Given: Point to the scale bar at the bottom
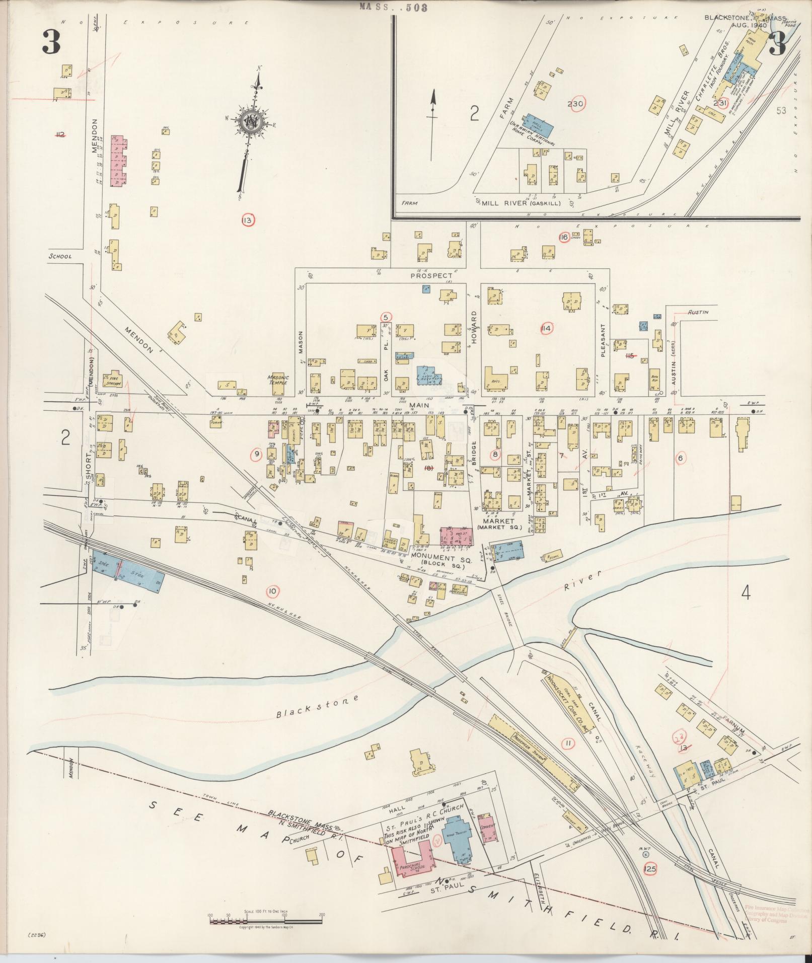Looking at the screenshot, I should tap(266, 921).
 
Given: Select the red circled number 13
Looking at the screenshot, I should tap(248, 220).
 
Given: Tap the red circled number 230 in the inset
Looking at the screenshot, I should tap(575, 104).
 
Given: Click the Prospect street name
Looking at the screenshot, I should tap(431, 275).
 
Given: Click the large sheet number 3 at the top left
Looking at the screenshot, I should tap(51, 43).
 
